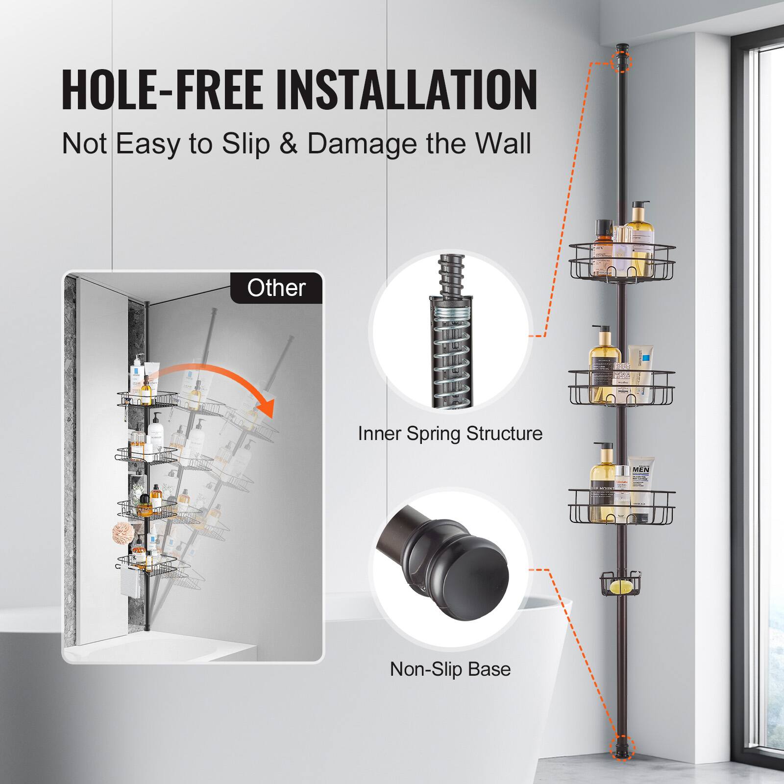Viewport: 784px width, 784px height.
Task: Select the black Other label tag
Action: point(276,288)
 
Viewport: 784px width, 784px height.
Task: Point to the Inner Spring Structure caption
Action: point(450,434)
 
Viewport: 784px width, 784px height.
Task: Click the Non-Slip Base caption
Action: point(450,669)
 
